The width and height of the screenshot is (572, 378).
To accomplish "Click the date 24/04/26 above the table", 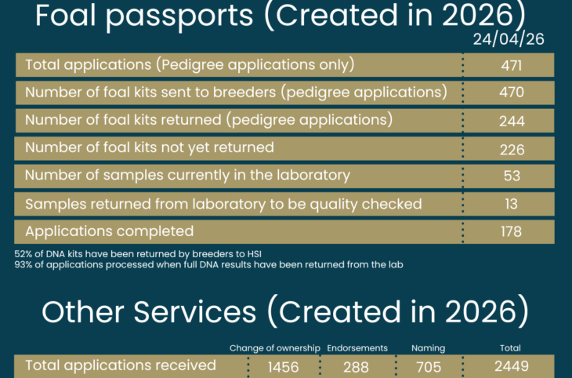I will (x=509, y=38).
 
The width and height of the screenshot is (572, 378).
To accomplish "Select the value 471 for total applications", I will (x=511, y=65).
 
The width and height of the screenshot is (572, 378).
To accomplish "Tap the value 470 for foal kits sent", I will (x=511, y=93).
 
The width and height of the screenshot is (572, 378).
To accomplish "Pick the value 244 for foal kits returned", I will (x=511, y=121).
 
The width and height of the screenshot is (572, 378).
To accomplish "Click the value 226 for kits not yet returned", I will (x=511, y=149).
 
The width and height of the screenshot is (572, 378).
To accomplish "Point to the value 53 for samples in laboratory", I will (x=512, y=176).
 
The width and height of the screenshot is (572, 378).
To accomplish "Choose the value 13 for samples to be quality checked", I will (x=512, y=204).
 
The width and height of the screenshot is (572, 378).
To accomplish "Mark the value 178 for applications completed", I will (x=511, y=231).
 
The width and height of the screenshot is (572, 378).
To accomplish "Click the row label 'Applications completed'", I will (x=109, y=231).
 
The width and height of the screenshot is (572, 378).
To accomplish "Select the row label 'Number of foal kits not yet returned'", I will (x=149, y=147).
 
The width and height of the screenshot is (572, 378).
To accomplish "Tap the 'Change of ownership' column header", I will (x=274, y=348).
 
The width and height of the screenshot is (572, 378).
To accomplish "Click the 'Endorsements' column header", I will (x=357, y=348).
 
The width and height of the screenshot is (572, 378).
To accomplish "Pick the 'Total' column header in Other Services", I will (x=510, y=348).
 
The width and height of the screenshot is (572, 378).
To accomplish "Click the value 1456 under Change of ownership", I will (x=284, y=366).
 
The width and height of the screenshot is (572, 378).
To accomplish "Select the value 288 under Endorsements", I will (x=357, y=366).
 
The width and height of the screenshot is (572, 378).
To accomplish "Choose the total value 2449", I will (x=510, y=366).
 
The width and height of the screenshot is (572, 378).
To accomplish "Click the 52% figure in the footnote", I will (x=24, y=254).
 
